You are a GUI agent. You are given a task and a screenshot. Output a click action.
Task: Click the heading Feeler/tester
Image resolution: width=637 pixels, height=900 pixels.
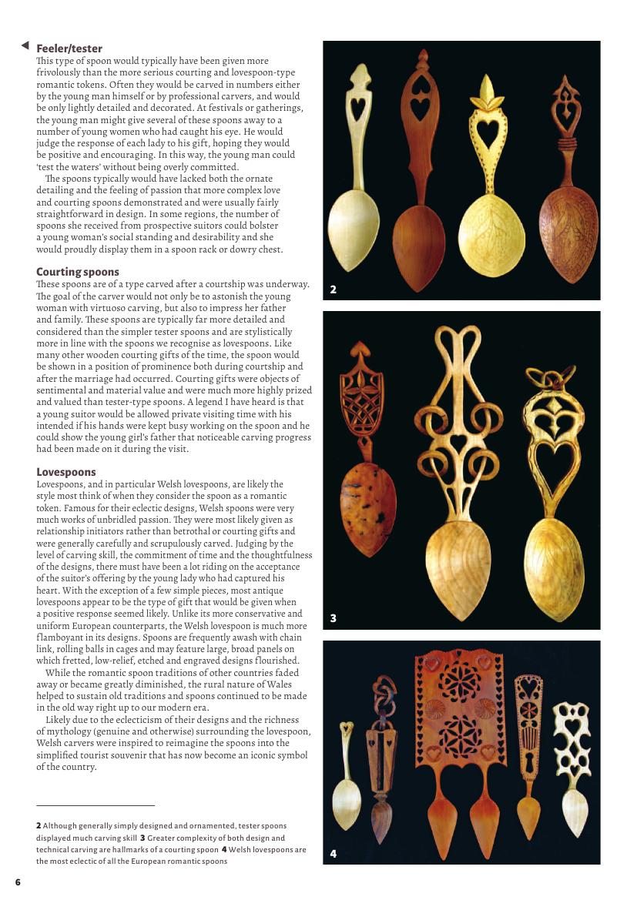tap(69, 49)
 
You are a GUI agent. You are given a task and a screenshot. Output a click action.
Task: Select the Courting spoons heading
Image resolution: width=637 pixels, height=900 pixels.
tap(78, 272)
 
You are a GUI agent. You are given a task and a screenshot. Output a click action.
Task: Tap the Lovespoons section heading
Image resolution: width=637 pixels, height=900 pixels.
tap(66, 471)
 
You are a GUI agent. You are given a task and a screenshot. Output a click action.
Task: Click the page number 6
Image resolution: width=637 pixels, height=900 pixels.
tap(18, 882)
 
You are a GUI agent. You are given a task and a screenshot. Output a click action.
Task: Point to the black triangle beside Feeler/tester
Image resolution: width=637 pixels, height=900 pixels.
tap(25, 46)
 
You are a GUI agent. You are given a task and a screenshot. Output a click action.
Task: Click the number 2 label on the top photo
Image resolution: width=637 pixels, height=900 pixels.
tap(333, 289)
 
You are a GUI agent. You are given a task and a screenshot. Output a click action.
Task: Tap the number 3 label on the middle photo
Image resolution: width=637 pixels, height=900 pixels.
tap(333, 617)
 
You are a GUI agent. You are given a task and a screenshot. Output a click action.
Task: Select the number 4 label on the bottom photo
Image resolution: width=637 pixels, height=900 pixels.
tap(333, 853)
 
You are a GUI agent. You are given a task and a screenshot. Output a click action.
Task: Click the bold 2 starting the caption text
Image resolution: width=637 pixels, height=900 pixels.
tap(39, 825)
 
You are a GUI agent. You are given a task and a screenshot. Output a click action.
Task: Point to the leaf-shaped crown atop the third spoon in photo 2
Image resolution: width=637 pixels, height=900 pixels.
tap(488, 92)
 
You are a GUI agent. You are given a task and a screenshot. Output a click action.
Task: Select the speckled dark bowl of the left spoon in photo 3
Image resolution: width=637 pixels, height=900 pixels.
tap(368, 508)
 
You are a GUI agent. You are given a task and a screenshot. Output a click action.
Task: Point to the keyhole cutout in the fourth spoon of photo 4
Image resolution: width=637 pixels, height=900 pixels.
tap(528, 763)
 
